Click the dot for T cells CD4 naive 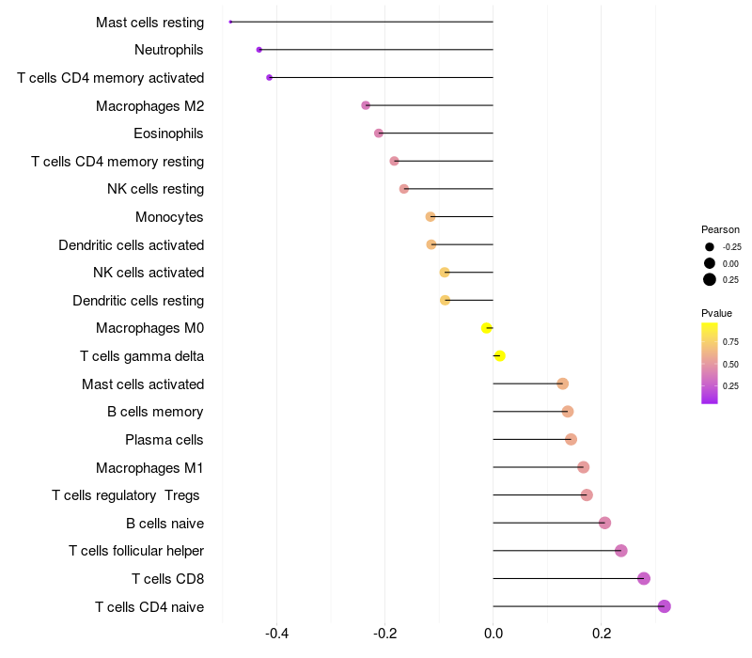664,606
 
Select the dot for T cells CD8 644,578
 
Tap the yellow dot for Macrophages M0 486,328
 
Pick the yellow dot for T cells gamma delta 500,355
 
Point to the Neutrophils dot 259,49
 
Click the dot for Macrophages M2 366,105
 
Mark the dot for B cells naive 604,523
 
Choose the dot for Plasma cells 571,439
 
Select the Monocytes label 169,217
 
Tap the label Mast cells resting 149,22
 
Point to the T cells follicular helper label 136,551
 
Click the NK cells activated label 149,273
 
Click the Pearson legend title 720,229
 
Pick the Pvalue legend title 716,313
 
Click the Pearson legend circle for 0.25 710,279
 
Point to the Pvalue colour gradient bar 710,363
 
